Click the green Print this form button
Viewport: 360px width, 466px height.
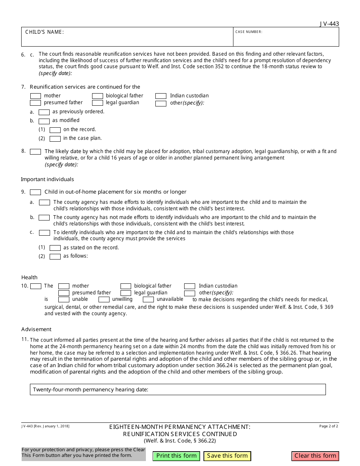pos(176,456)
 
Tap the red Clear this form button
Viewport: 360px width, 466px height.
pos(315,456)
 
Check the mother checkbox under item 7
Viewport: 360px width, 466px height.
pos(35,96)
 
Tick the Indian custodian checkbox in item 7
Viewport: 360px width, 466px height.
pos(161,96)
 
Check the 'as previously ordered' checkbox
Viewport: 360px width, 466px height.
pos(44,112)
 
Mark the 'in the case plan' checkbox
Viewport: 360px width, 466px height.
pos(55,139)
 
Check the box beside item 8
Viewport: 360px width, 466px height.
pos(35,152)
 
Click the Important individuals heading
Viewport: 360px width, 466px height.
pos(47,179)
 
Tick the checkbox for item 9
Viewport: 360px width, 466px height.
pos(35,192)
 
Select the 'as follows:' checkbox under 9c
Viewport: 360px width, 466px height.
pos(55,256)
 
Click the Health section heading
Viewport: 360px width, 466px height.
pos(29,277)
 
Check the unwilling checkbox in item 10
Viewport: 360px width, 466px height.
pos(104,300)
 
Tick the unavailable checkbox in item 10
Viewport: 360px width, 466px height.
pos(148,300)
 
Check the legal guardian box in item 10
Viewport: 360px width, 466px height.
pos(126,293)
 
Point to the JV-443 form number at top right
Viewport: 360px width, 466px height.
pos(329,24)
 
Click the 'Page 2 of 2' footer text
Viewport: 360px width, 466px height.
pos(328,426)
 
